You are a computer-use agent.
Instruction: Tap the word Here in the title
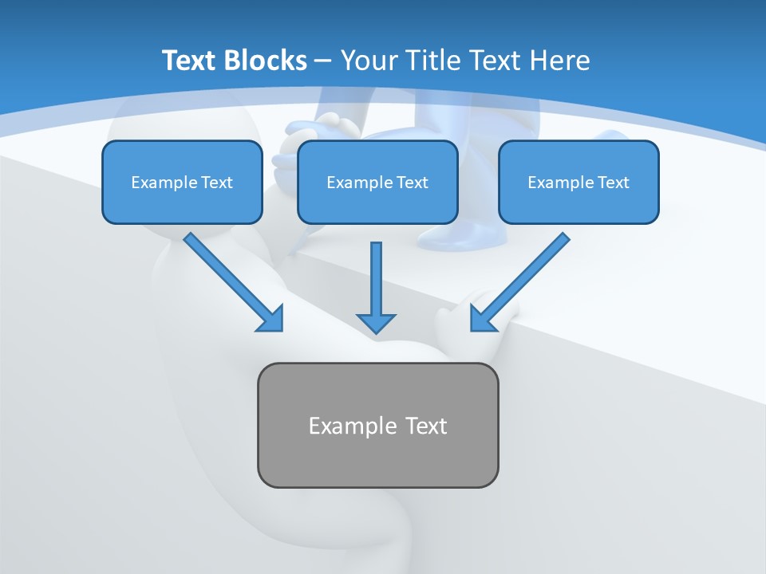pos(561,61)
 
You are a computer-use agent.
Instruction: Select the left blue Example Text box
pos(182,182)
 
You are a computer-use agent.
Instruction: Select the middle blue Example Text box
pos(377,182)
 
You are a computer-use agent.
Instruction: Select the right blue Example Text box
pos(578,182)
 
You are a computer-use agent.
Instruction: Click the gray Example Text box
pos(377,425)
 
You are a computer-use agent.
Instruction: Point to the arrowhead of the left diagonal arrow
pos(271,319)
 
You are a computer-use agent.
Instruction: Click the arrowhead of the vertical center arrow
pos(376,322)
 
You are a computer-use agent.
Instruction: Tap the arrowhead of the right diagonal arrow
pos(483,318)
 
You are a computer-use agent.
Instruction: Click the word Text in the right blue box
pos(613,183)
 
